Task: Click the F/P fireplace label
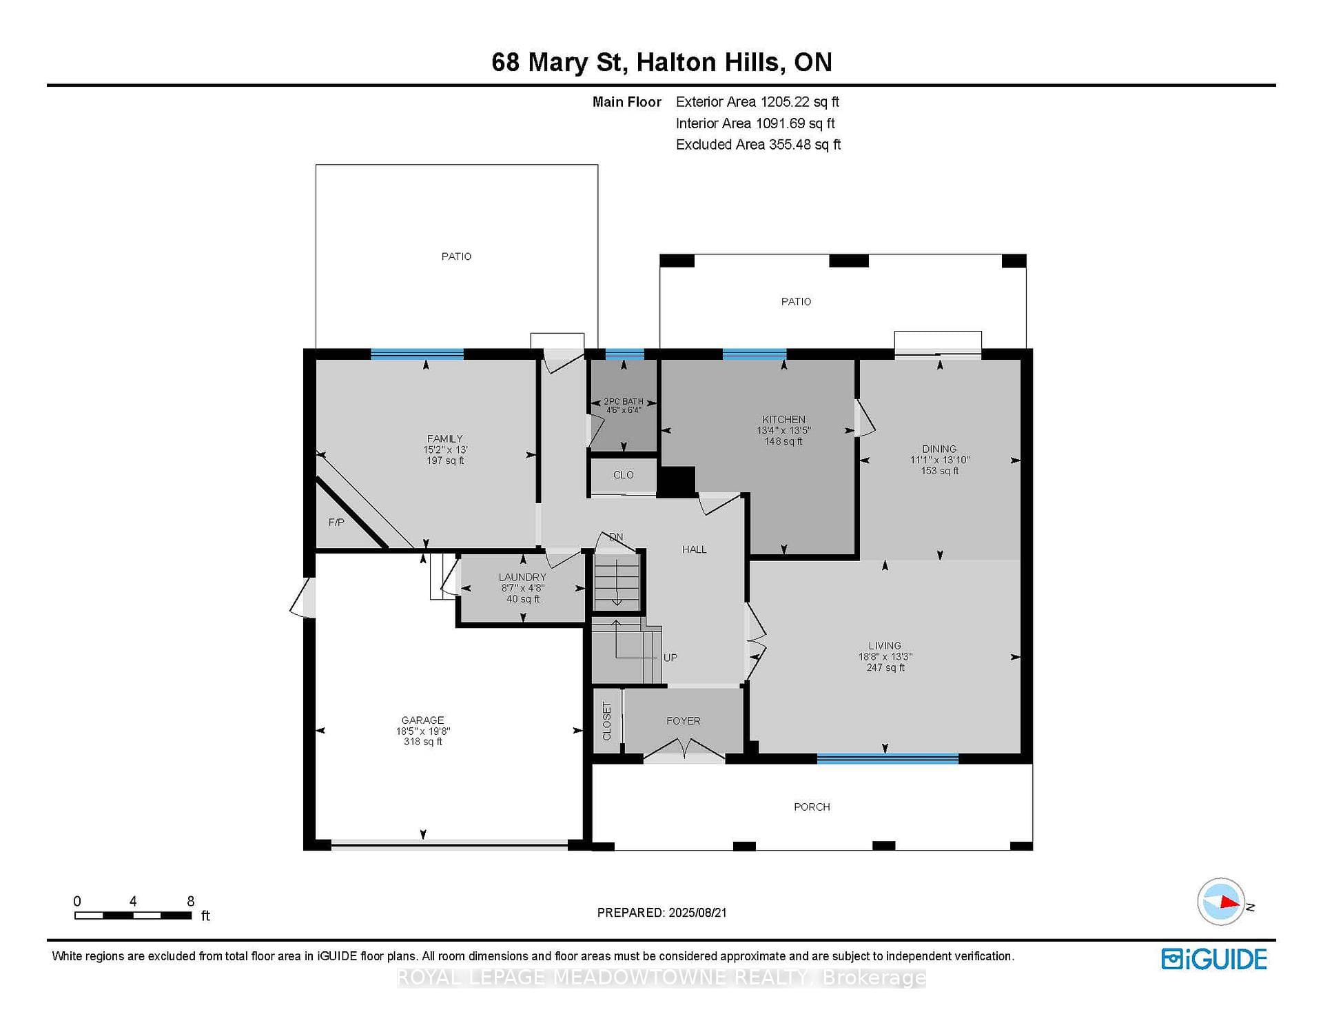[x=336, y=523]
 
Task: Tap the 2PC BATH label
[x=623, y=401]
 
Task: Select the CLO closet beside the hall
[x=624, y=475]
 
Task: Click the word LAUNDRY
[x=522, y=577]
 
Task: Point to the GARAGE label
[x=423, y=720]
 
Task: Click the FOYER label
[x=684, y=721]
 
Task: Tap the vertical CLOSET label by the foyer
[x=607, y=721]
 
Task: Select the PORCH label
[x=812, y=807]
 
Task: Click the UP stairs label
[x=670, y=658]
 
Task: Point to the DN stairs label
[x=616, y=537]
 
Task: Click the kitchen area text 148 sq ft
[x=783, y=441]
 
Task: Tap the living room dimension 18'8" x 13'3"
[x=885, y=657]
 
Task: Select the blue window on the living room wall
[x=888, y=759]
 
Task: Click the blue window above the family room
[x=417, y=354]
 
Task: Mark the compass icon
[x=1222, y=902]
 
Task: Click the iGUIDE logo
[x=1214, y=959]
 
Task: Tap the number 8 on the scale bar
[x=191, y=901]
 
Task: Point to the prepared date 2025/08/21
[x=697, y=913]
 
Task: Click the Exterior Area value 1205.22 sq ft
[x=799, y=102]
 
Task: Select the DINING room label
[x=939, y=449]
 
